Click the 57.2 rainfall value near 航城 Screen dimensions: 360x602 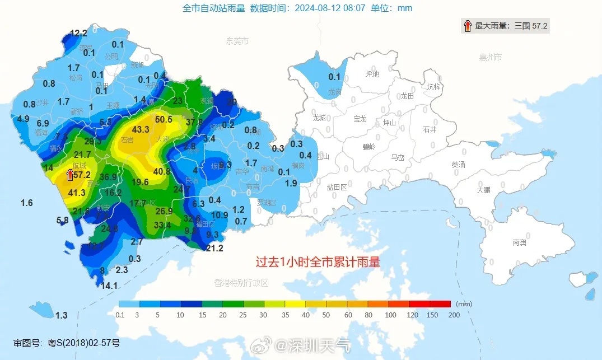[82, 175]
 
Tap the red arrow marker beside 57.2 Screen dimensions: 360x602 [70, 175]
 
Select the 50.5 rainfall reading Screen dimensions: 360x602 [164, 119]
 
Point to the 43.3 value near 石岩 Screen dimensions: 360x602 [141, 129]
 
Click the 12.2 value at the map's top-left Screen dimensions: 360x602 [78, 33]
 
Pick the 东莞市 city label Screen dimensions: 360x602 [237, 41]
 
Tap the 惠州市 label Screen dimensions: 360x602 [491, 57]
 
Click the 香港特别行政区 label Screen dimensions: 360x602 [241, 283]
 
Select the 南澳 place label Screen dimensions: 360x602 [519, 242]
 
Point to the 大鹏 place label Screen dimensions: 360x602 [483, 190]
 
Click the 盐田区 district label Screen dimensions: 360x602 [337, 188]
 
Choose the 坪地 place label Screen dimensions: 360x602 [372, 74]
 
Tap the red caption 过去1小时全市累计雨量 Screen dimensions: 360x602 [318, 262]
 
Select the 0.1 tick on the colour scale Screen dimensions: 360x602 [120, 315]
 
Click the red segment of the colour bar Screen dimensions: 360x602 [440, 304]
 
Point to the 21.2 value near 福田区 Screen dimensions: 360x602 [215, 249]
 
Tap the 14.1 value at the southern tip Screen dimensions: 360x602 [109, 286]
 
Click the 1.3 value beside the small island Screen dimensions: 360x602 [61, 316]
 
